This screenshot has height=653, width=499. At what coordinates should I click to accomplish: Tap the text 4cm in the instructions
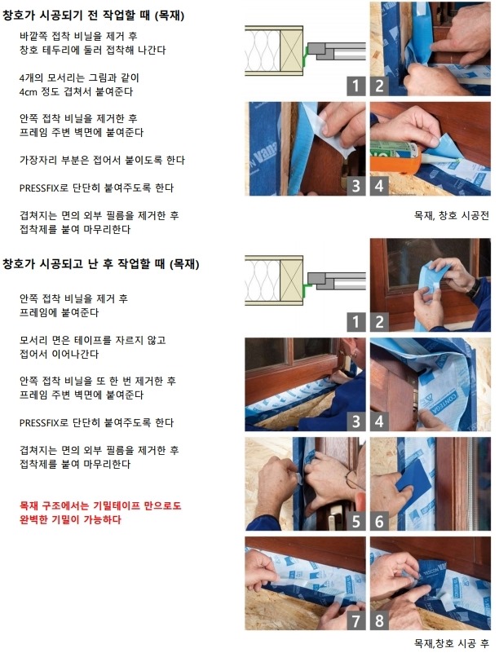(x=29, y=91)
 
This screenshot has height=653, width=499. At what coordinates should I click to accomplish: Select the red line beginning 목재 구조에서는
(x=100, y=506)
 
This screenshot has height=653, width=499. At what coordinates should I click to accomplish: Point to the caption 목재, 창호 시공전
(x=452, y=215)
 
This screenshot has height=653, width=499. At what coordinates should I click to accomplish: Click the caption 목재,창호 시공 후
(x=452, y=643)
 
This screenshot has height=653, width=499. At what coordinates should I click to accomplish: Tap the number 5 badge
(x=356, y=521)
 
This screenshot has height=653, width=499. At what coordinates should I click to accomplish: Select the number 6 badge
(x=379, y=521)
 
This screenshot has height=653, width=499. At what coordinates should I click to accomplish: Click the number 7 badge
(x=356, y=620)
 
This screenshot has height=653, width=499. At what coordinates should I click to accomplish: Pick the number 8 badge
(x=379, y=620)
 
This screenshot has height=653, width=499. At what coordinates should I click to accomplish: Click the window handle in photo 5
(x=333, y=518)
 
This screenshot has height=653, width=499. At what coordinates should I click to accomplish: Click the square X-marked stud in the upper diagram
(x=291, y=51)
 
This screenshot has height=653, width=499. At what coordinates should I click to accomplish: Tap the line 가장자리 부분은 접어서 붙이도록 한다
(x=102, y=161)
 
